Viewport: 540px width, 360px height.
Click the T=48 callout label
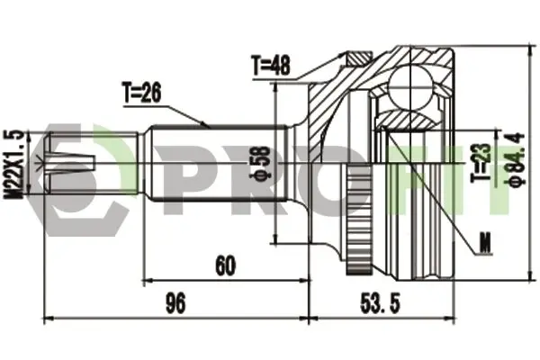(x=272, y=66)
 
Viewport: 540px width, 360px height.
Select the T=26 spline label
(x=141, y=94)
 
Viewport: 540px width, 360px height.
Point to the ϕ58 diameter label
(x=262, y=163)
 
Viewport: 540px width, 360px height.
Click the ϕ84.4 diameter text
(x=518, y=159)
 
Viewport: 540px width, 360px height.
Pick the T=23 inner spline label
(x=481, y=162)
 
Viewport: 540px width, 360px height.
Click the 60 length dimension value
(x=226, y=265)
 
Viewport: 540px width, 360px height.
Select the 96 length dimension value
(x=175, y=302)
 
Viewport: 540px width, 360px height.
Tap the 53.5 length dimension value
(x=381, y=303)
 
